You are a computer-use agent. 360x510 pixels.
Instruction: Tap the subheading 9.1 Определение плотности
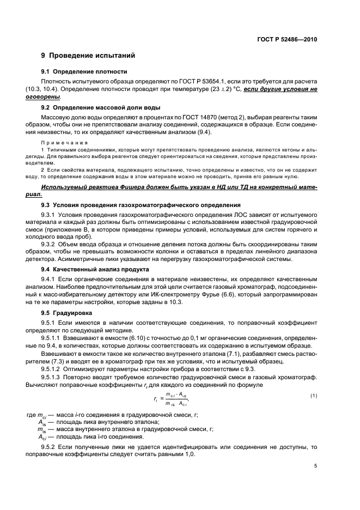click(x=84, y=71)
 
